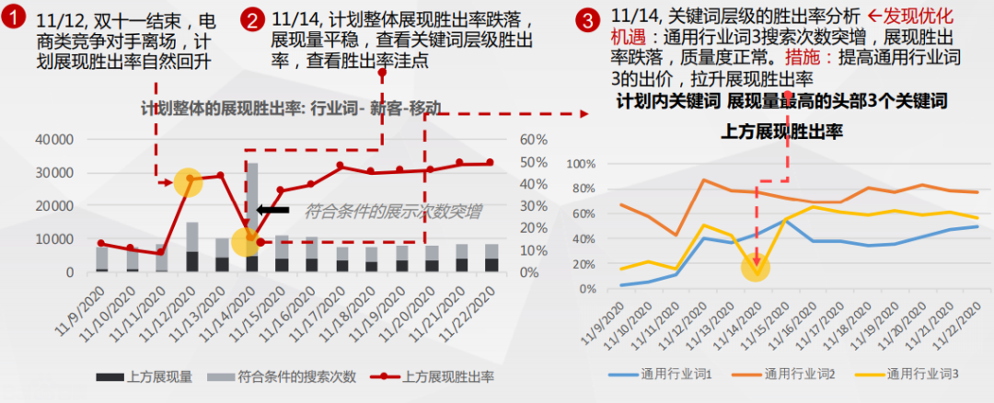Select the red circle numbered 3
[587, 18]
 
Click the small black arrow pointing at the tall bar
[272, 211]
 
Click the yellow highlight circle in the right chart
[755, 267]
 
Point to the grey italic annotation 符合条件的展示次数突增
[390, 212]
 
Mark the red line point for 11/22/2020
[491, 163]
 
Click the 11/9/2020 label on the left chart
[88, 310]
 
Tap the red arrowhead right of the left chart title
[582, 115]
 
